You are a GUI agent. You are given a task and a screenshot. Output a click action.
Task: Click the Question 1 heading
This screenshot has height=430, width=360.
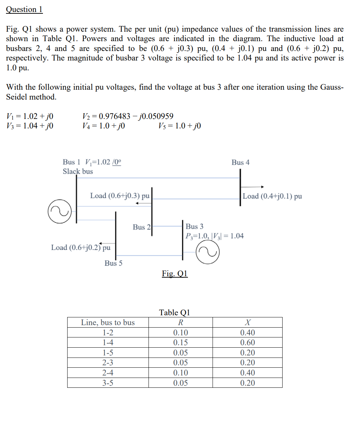(x=24, y=10)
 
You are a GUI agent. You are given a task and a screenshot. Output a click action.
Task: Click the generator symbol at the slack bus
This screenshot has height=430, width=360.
(x=59, y=211)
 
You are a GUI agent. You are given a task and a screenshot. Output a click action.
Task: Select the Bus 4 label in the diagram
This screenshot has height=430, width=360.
(x=240, y=162)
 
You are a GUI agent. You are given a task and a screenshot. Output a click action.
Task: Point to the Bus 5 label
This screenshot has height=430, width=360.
(x=113, y=263)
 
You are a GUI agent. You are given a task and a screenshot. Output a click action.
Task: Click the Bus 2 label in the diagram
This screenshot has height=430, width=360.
(x=141, y=227)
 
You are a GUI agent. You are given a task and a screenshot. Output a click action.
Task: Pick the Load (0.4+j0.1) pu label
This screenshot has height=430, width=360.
(x=272, y=196)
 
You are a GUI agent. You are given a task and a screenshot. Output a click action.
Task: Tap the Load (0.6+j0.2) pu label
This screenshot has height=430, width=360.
(x=81, y=247)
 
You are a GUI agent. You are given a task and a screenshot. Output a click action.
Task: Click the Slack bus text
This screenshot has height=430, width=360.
(x=78, y=171)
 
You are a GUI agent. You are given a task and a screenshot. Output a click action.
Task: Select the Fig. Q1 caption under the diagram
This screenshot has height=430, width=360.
(x=175, y=273)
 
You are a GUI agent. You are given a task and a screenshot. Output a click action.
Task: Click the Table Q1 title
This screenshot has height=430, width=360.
(x=175, y=312)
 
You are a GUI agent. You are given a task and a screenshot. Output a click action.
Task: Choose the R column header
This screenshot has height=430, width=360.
(x=181, y=322)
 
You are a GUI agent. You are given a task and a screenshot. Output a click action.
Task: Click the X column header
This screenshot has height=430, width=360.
(x=247, y=322)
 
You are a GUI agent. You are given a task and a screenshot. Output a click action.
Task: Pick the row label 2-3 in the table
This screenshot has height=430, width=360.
(x=108, y=362)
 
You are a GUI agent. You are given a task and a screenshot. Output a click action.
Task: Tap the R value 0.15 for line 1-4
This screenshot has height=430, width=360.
(x=181, y=342)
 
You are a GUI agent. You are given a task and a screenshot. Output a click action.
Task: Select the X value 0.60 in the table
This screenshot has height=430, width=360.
(x=247, y=342)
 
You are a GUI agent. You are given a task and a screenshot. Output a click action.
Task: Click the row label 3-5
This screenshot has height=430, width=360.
(x=108, y=383)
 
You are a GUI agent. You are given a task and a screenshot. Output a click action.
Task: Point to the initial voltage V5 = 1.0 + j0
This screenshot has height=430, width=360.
(x=179, y=126)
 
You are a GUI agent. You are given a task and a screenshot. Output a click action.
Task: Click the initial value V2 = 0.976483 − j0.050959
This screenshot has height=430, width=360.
(x=128, y=116)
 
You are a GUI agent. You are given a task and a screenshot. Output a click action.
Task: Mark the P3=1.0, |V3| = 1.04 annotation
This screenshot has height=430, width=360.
(x=215, y=236)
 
